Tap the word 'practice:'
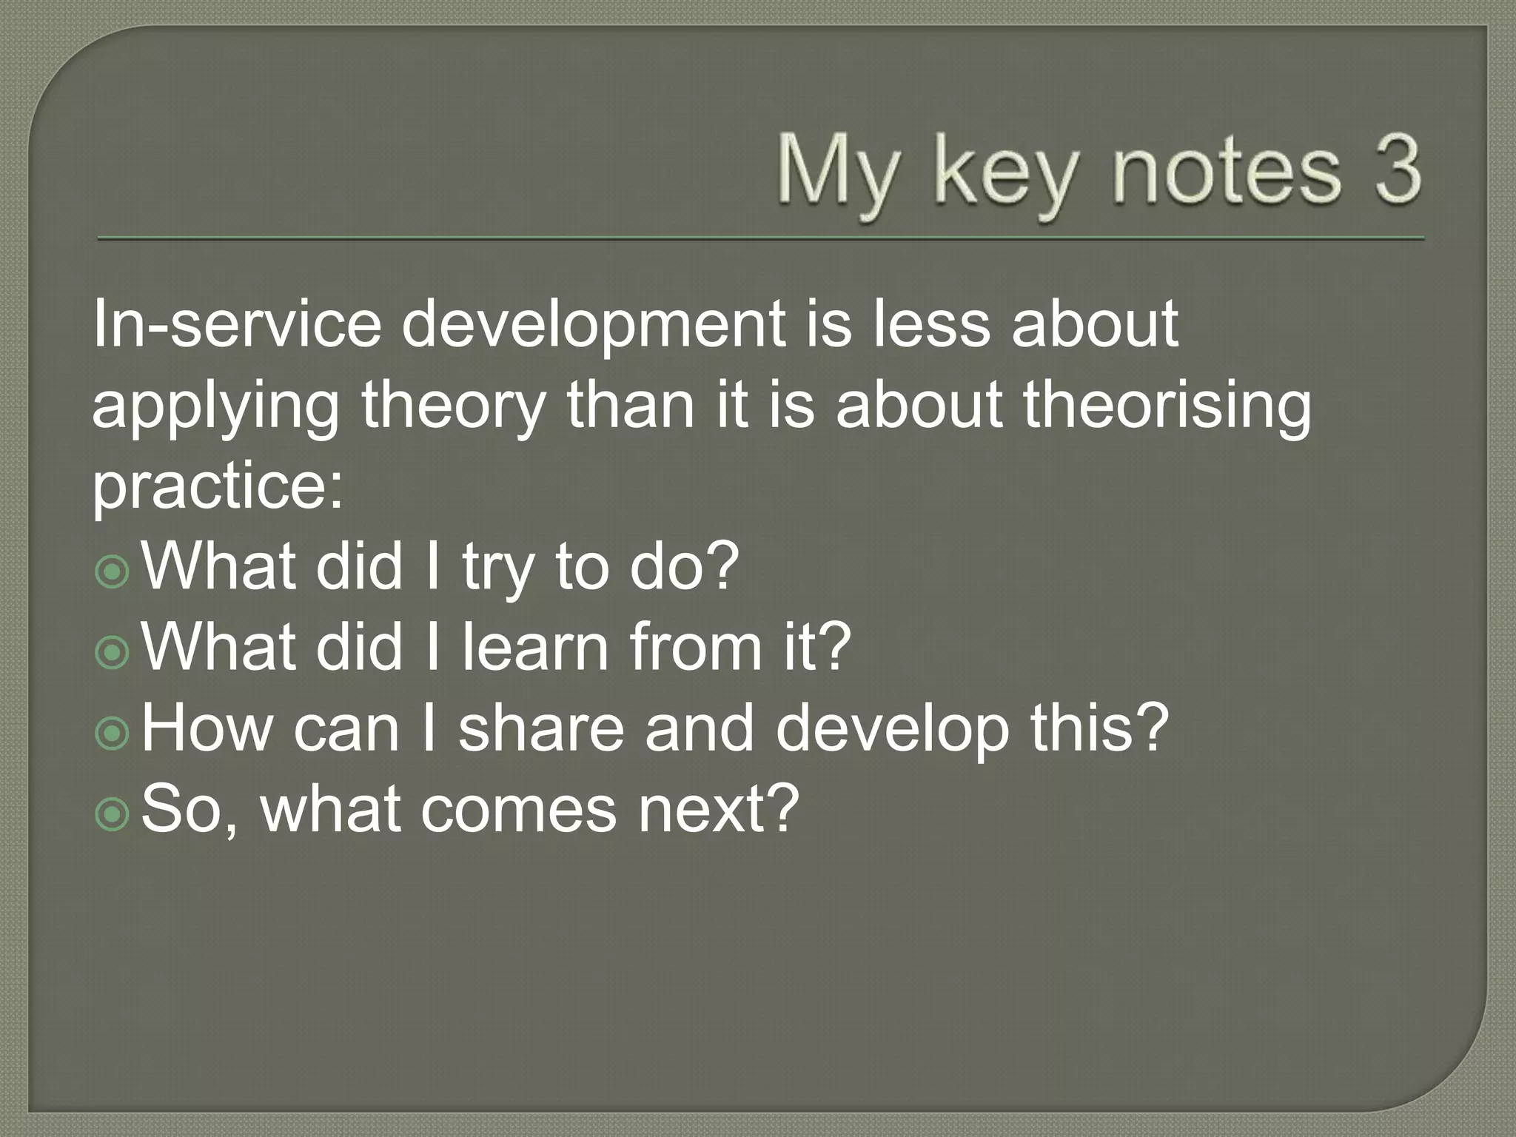[x=218, y=489]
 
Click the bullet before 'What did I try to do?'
[x=113, y=571]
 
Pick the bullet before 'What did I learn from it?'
[x=113, y=652]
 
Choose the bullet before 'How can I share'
[x=113, y=734]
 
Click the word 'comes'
[x=518, y=809]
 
